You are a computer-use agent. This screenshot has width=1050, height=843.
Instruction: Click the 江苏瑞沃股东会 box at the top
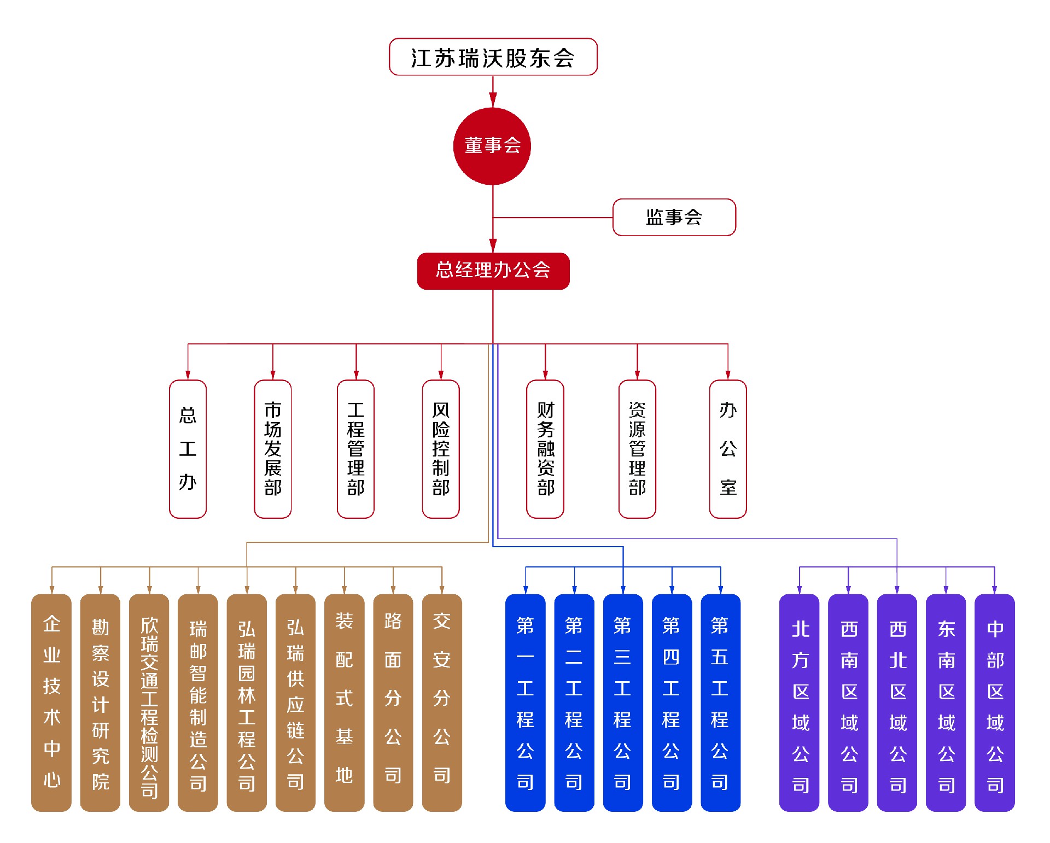tap(493, 57)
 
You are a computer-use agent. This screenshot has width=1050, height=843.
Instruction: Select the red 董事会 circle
tap(492, 146)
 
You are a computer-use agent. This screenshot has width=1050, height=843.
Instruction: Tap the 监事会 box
tap(674, 217)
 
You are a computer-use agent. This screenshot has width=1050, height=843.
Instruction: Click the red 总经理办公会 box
tap(493, 271)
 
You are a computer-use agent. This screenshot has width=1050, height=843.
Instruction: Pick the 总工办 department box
tap(188, 449)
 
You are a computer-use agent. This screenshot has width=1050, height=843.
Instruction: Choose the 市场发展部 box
tap(272, 449)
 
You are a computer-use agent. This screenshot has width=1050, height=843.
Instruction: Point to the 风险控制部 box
tap(441, 449)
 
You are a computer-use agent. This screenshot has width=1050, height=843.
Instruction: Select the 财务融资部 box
tap(545, 449)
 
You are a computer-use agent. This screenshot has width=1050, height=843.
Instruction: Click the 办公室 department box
tap(727, 449)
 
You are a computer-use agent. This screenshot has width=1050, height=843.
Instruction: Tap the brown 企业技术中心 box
tap(51, 702)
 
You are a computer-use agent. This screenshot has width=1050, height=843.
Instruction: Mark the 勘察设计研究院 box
tap(100, 702)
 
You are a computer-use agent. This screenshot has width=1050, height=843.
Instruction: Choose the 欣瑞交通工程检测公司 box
tap(149, 702)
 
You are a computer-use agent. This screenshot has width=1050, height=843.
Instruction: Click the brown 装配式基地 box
tap(344, 702)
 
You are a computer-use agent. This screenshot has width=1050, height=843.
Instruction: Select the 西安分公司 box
tap(442, 702)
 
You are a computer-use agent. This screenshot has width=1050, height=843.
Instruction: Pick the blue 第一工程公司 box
tap(525, 702)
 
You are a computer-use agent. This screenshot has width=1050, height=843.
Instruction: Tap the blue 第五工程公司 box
tap(720, 702)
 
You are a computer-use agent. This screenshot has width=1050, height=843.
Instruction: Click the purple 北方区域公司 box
tap(800, 702)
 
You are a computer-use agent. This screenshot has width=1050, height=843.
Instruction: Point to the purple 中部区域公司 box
tap(995, 702)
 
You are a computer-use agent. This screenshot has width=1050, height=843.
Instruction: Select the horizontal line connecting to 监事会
tap(552, 218)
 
